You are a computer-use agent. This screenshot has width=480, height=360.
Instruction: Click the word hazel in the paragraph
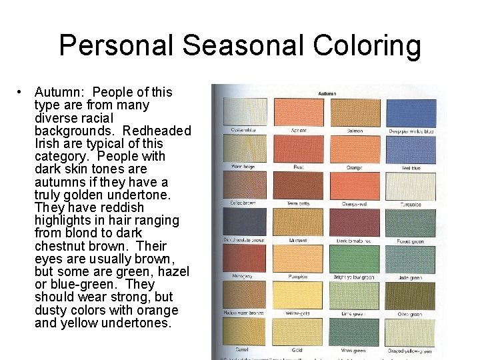pos(172,271)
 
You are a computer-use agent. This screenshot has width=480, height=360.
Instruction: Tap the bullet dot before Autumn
pos(22,92)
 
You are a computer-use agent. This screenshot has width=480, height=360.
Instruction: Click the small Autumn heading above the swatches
pos(327,94)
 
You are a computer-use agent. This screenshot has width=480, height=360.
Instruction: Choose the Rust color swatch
pos(299,148)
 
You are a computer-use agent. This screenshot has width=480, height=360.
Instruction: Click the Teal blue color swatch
pos(411,148)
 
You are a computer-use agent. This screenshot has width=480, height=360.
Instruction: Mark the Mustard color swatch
pos(299,221)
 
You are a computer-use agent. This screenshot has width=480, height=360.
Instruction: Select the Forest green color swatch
pos(411,221)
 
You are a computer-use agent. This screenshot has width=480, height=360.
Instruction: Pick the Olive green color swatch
pos(411,295)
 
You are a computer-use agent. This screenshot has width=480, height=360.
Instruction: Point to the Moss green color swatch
pos(355,331)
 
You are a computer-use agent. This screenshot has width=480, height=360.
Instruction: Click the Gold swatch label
pos(297,350)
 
